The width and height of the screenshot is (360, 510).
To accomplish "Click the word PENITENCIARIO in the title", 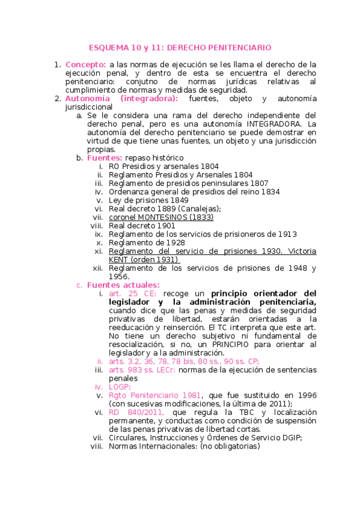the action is [243, 47].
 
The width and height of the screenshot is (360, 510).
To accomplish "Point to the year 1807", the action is [255, 183].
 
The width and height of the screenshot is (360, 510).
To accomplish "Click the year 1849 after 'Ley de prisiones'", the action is [178, 200].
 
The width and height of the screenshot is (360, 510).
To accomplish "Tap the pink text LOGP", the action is [119, 387].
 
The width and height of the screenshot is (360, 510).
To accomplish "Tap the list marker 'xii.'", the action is [97, 268].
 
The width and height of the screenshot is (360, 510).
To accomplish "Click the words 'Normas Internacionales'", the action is [153, 446].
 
